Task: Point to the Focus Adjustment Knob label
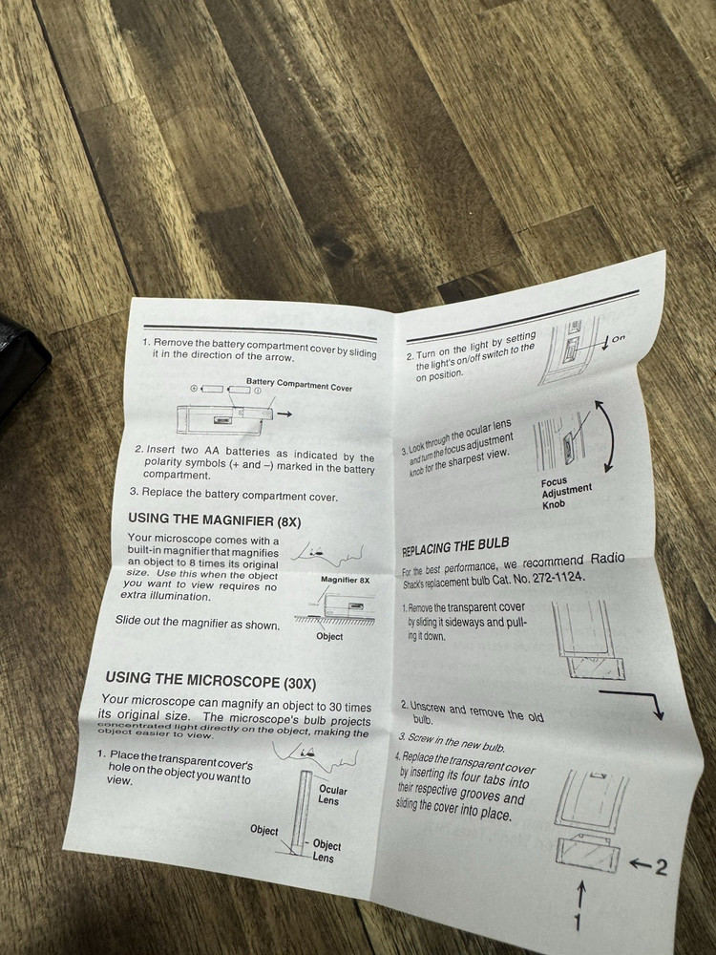point(566,492)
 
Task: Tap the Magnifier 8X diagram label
point(345,580)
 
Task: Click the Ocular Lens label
point(332,796)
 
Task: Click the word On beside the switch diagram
point(618,338)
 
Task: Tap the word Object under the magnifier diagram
point(329,636)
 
